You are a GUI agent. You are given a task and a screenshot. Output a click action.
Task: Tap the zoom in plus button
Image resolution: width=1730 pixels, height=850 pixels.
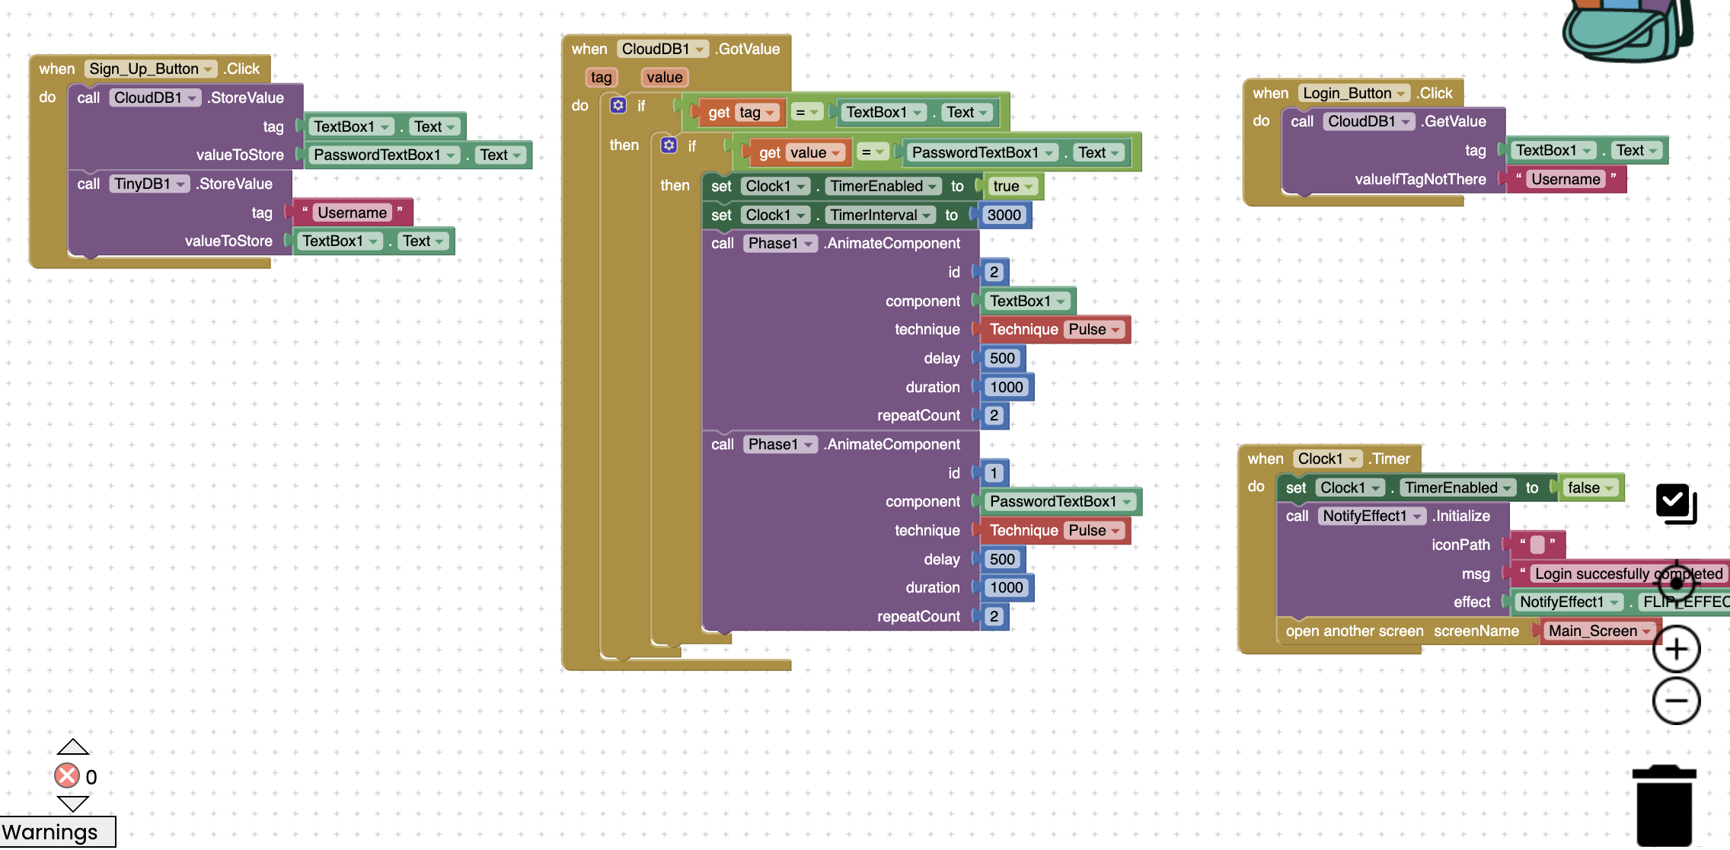tap(1676, 650)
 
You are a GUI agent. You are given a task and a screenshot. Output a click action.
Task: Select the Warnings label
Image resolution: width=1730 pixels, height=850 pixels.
tap(50, 832)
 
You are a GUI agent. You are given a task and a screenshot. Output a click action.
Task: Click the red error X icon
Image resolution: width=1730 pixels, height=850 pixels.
tap(67, 776)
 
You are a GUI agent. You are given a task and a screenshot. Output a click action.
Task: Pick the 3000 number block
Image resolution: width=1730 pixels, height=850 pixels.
tap(1004, 216)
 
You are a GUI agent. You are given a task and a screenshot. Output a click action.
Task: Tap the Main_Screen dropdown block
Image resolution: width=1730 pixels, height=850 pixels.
tap(1598, 631)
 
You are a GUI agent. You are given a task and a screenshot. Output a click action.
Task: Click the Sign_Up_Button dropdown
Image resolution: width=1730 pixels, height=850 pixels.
tap(150, 69)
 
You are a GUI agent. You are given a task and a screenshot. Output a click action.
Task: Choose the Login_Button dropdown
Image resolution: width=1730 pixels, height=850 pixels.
tap(1353, 94)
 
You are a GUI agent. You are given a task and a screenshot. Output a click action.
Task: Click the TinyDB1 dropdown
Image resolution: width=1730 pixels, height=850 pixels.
tap(149, 184)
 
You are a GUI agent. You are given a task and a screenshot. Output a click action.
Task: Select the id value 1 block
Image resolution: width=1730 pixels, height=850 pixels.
tap(994, 474)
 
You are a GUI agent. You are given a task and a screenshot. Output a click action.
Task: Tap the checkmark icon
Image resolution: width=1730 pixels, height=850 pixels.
tap(1675, 503)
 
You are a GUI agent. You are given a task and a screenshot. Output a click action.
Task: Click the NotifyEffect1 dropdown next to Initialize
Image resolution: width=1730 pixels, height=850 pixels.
tap(1371, 516)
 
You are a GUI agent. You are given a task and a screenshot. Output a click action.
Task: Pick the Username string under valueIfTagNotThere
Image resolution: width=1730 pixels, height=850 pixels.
tap(1566, 180)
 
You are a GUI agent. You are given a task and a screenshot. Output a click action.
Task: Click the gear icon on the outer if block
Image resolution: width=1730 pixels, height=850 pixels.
tap(618, 106)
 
